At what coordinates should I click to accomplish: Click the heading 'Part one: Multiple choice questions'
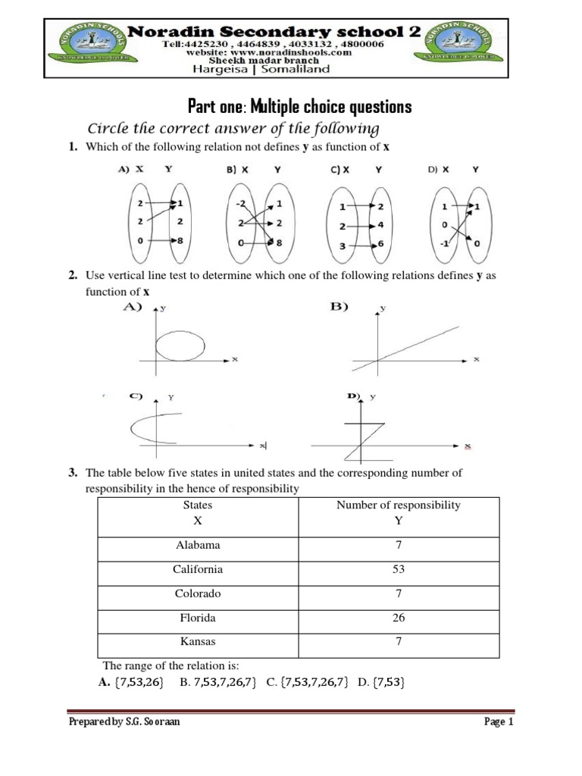pyautogui.click(x=299, y=107)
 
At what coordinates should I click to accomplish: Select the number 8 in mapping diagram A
pyautogui.click(x=180, y=240)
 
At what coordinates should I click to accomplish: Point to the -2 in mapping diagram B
pyautogui.click(x=239, y=204)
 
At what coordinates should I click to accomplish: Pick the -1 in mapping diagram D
pyautogui.click(x=444, y=244)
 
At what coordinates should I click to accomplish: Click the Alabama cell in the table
pyautogui.click(x=197, y=545)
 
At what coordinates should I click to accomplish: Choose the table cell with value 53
pyautogui.click(x=399, y=569)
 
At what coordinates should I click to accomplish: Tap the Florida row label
pyautogui.click(x=197, y=618)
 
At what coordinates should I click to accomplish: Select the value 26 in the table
pyautogui.click(x=399, y=618)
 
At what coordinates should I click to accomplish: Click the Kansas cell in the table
pyautogui.click(x=197, y=642)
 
